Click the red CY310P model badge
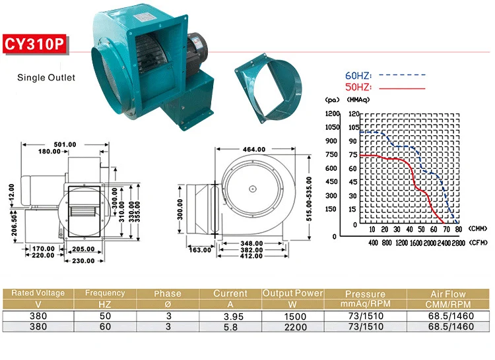(x=35, y=44)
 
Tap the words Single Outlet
(x=46, y=78)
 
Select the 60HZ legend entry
(x=385, y=75)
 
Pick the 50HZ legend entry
(x=385, y=86)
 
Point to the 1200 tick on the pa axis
(x=333, y=113)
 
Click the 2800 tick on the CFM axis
(x=459, y=243)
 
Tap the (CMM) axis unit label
(x=478, y=229)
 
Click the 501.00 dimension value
(x=65, y=144)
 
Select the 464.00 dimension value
(x=254, y=150)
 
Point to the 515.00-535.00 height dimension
(x=309, y=198)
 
